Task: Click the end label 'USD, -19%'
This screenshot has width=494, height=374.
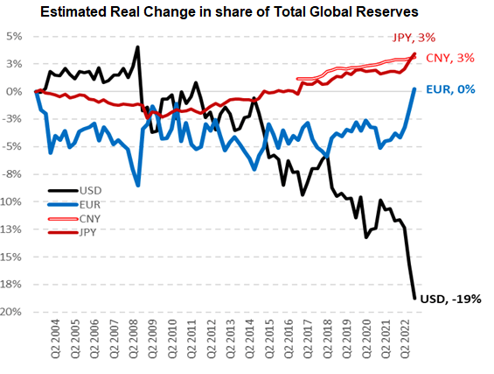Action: pyautogui.click(x=451, y=299)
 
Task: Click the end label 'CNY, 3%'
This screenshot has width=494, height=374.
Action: pyautogui.click(x=450, y=58)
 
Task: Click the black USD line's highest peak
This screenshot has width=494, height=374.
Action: pyautogui.click(x=138, y=47)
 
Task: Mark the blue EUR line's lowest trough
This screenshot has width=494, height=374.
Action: pyautogui.click(x=138, y=186)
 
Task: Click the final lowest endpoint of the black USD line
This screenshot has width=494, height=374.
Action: pyautogui.click(x=414, y=299)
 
